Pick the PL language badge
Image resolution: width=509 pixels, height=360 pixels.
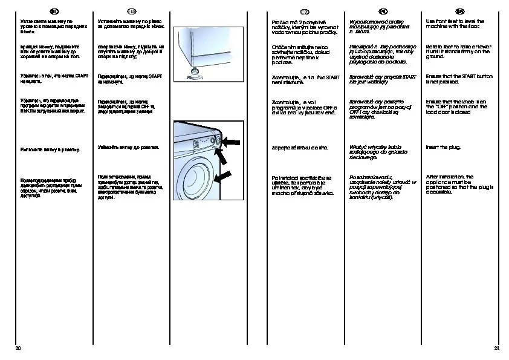point(383,11)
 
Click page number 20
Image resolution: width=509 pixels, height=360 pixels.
point(18,349)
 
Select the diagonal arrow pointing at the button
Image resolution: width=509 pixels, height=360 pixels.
point(223,156)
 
